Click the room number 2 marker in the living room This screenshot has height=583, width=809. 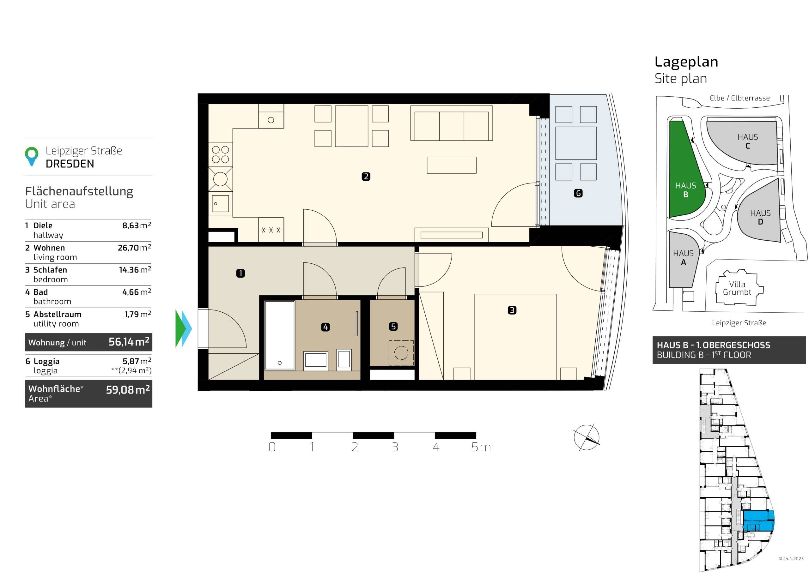pyautogui.click(x=366, y=176)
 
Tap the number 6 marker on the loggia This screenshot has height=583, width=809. pyautogui.click(x=578, y=193)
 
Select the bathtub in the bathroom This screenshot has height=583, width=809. pyautogui.click(x=279, y=335)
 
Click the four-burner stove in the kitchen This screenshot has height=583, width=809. pyautogui.click(x=221, y=154)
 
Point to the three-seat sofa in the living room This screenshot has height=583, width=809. pyautogui.click(x=452, y=123)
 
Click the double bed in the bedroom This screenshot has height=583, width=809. pyautogui.click(x=515, y=337)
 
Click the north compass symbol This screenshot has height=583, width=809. pyautogui.click(x=586, y=437)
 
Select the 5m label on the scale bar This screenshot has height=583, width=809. pyautogui.click(x=481, y=447)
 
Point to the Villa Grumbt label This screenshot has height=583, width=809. pyautogui.click(x=737, y=288)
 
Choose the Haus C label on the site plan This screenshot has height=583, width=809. pyautogui.click(x=748, y=141)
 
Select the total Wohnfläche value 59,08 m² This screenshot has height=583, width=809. pyautogui.click(x=128, y=389)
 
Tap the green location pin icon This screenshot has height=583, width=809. pyautogui.click(x=32, y=156)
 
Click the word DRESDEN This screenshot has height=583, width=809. pyautogui.click(x=70, y=164)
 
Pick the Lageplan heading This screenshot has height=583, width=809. pyautogui.click(x=686, y=62)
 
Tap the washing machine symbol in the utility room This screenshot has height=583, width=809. pyautogui.click(x=401, y=353)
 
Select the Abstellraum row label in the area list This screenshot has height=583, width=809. pyautogui.click(x=58, y=315)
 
